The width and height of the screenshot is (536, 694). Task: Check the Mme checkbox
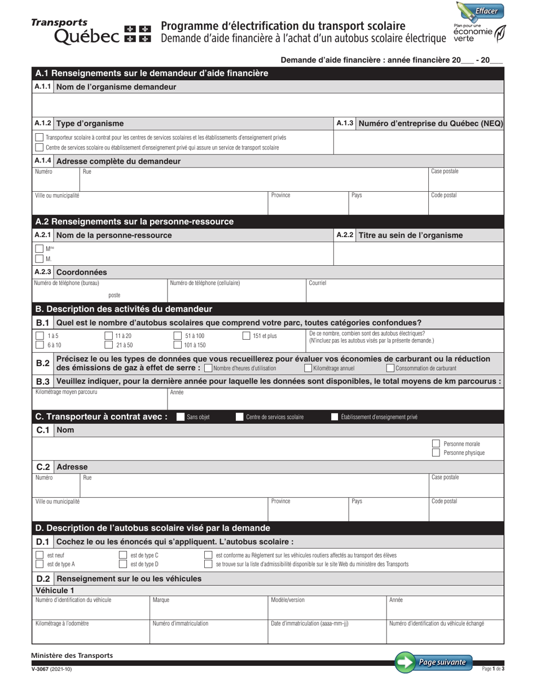[39, 248]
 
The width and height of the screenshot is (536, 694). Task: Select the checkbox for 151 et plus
[246, 336]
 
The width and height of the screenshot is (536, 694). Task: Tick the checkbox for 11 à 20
[109, 336]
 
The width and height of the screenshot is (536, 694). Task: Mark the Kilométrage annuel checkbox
[308, 368]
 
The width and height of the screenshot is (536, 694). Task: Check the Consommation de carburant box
[390, 368]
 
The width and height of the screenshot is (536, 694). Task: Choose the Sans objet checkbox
[181, 417]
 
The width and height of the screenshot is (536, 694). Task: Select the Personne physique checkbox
[436, 453]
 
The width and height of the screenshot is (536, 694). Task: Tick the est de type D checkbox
[122, 564]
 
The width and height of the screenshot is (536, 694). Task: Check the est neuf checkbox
[39, 555]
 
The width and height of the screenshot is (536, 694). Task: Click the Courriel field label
[318, 283]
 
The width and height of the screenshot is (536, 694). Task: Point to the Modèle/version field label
[288, 600]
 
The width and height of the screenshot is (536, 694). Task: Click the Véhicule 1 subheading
[55, 590]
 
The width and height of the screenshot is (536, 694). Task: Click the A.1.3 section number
[344, 123]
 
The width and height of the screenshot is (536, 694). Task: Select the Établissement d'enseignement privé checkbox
[335, 417]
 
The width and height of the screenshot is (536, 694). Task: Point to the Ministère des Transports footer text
[72, 655]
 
